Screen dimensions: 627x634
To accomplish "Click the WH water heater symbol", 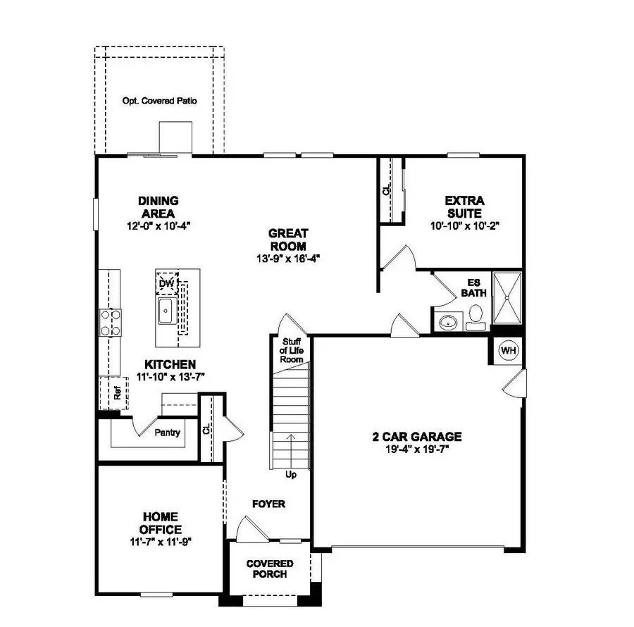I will pyautogui.click(x=507, y=350).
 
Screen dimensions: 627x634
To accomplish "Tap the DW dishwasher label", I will pyautogui.click(x=166, y=283).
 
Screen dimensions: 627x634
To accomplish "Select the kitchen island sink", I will pyautogui.click(x=167, y=311).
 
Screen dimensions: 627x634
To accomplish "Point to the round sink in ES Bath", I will pyautogui.click(x=447, y=323).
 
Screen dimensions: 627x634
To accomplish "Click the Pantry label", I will pyautogui.click(x=167, y=433).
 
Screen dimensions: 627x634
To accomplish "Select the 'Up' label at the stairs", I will pyautogui.click(x=291, y=474).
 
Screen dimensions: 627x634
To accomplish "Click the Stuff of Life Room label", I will pyautogui.click(x=291, y=350).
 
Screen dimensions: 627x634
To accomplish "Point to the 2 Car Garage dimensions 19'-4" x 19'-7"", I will pyautogui.click(x=417, y=449).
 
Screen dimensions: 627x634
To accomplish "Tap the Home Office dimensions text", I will pyautogui.click(x=160, y=541).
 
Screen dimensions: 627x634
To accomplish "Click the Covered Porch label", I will pyautogui.click(x=269, y=569).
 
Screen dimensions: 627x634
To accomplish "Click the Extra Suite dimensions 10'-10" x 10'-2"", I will pyautogui.click(x=464, y=225).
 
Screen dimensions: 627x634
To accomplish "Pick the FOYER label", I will pyautogui.click(x=268, y=504).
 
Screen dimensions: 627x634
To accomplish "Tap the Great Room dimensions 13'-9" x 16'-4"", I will pyautogui.click(x=287, y=258).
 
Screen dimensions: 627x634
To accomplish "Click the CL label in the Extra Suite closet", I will pyautogui.click(x=386, y=191).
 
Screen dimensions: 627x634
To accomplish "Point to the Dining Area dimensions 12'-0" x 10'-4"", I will pyautogui.click(x=158, y=225).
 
